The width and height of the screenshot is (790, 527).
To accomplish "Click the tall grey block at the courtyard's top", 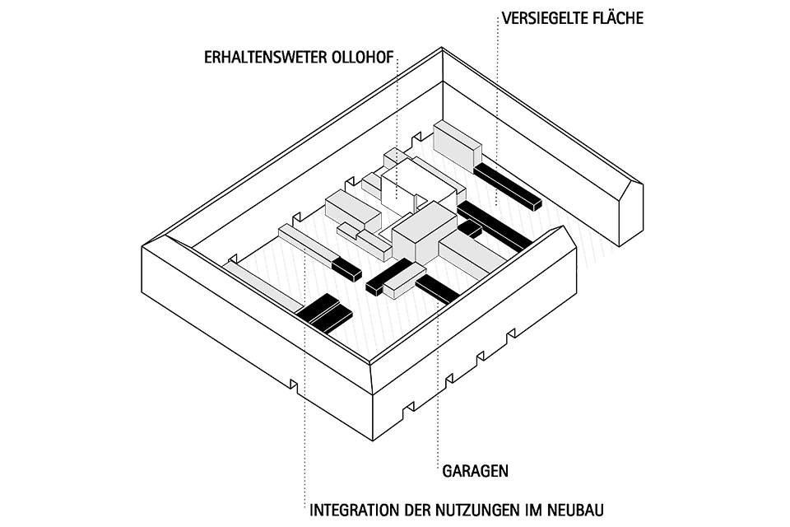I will (457, 145).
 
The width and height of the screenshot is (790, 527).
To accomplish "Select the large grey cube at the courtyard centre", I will (424, 235).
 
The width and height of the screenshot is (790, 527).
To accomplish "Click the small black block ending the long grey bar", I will (346, 268).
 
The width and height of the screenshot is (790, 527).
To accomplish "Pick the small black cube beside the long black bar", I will (470, 228).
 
